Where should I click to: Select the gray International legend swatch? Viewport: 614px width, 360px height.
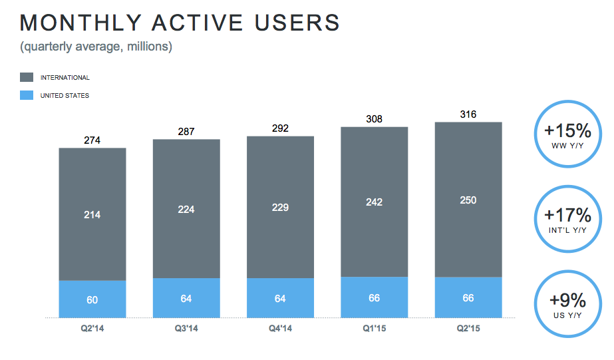27,78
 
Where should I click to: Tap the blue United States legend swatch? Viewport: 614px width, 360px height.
27,95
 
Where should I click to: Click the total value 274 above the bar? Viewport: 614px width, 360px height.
92,140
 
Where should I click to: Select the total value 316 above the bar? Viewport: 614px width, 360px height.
468,114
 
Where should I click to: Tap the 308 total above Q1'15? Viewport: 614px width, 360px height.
375,119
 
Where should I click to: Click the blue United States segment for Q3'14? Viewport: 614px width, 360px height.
186,298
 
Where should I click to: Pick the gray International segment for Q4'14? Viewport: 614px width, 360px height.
280,207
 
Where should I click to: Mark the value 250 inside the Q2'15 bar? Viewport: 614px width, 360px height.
468,200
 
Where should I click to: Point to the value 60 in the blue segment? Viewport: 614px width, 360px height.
92,300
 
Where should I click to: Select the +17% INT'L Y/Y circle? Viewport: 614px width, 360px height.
563,219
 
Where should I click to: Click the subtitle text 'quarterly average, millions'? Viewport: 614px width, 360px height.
96,47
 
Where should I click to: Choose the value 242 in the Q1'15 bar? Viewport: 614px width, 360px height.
375,202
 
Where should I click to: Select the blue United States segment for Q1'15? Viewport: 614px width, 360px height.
375,297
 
